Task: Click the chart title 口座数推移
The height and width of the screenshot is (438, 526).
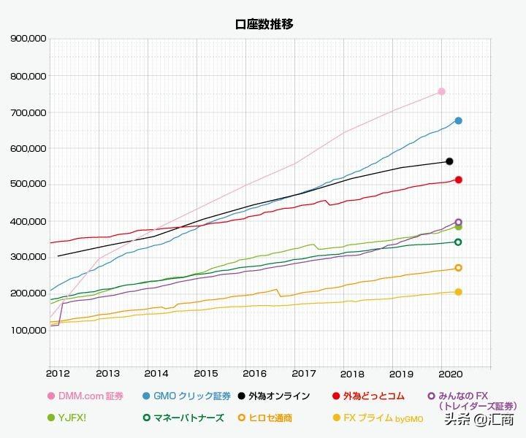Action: pos(264,24)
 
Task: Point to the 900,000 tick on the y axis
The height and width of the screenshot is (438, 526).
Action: pos(28,39)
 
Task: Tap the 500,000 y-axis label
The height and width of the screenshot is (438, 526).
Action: pos(28,184)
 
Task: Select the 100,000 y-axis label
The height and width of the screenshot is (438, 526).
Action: pos(28,330)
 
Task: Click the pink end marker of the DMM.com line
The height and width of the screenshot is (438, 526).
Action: pos(441,91)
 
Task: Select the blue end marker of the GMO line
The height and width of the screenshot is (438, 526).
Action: pos(458,120)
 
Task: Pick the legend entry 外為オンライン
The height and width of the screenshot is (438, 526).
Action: pos(278,396)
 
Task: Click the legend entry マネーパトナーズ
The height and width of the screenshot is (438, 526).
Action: pos(187,418)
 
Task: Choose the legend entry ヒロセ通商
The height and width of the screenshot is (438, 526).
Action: pos(270,418)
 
